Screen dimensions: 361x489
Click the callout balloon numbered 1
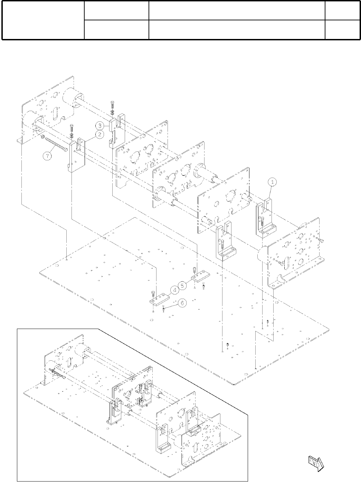click(x=272, y=181)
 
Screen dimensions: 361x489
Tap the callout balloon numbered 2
click(x=99, y=134)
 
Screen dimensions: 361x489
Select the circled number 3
click(x=99, y=126)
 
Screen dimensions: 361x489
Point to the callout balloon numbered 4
click(x=175, y=290)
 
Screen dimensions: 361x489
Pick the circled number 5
click(x=182, y=285)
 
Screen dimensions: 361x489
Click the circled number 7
click(x=47, y=156)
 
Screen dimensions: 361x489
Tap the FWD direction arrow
click(x=315, y=462)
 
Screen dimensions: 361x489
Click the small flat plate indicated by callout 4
click(x=159, y=299)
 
